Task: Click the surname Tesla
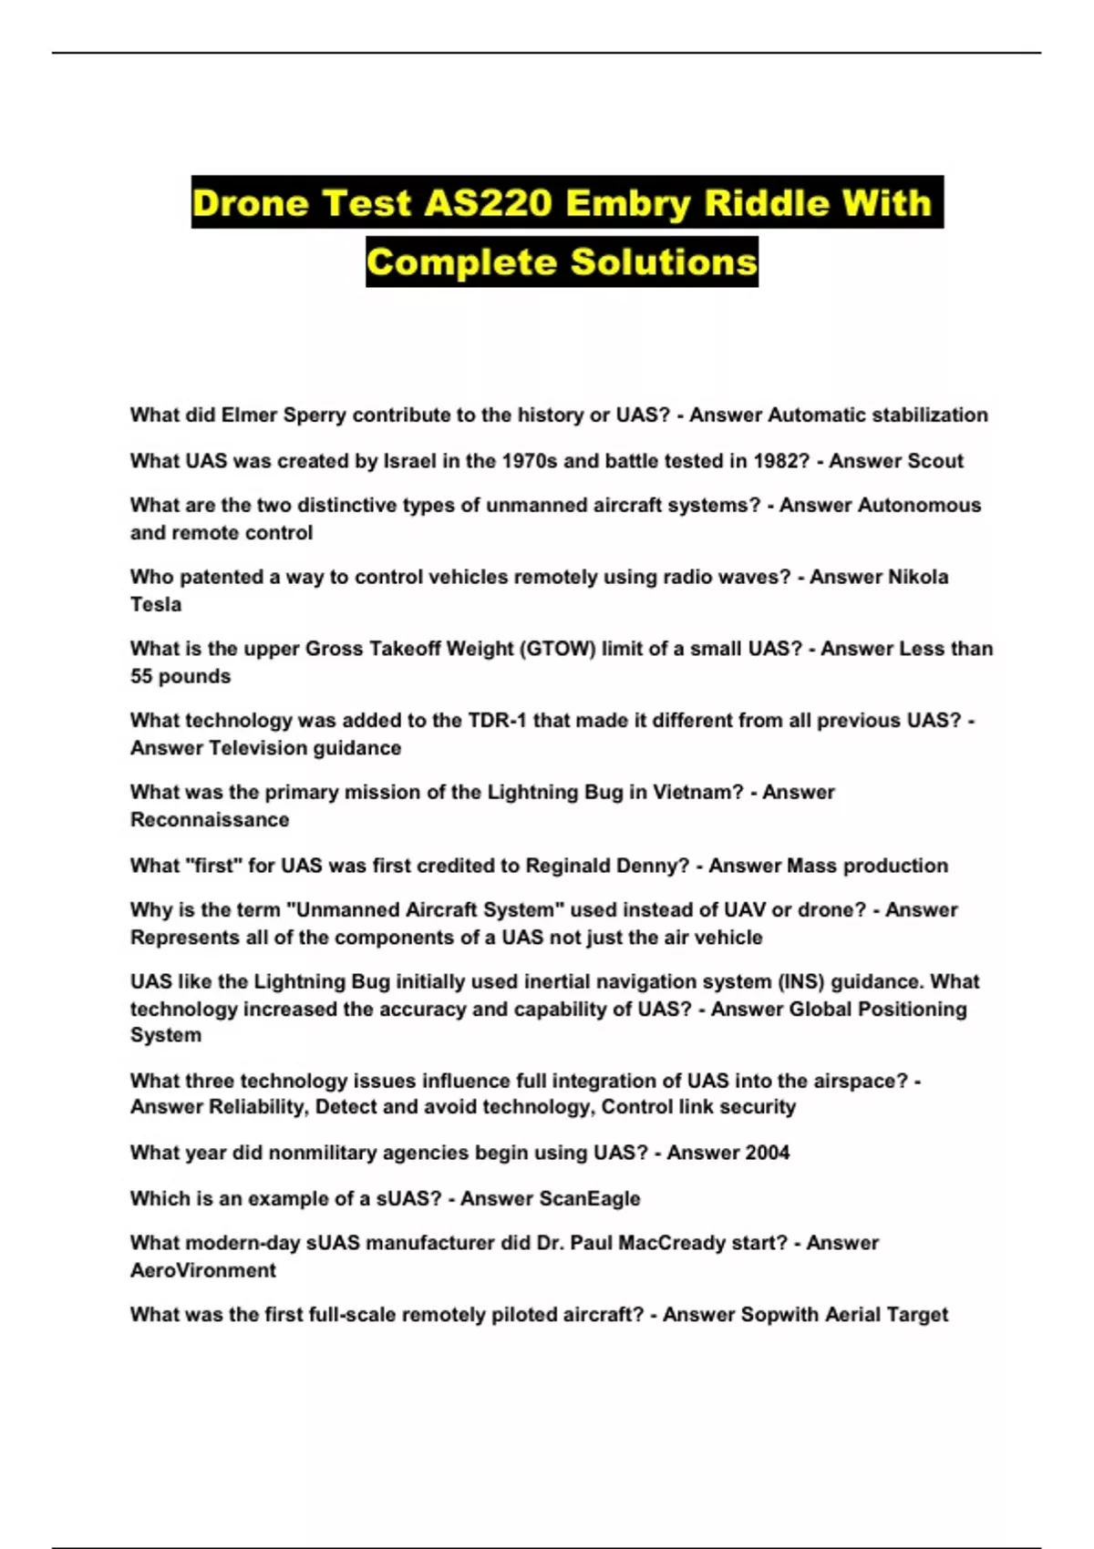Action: pyautogui.click(x=156, y=605)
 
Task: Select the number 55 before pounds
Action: pyautogui.click(x=141, y=677)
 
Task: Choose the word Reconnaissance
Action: pyautogui.click(x=210, y=820)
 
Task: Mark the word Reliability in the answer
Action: pyautogui.click(x=258, y=1107)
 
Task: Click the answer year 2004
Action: pyautogui.click(x=767, y=1153)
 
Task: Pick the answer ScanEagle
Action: pyautogui.click(x=595, y=1199)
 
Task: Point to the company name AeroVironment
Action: pyautogui.click(x=203, y=1271)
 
